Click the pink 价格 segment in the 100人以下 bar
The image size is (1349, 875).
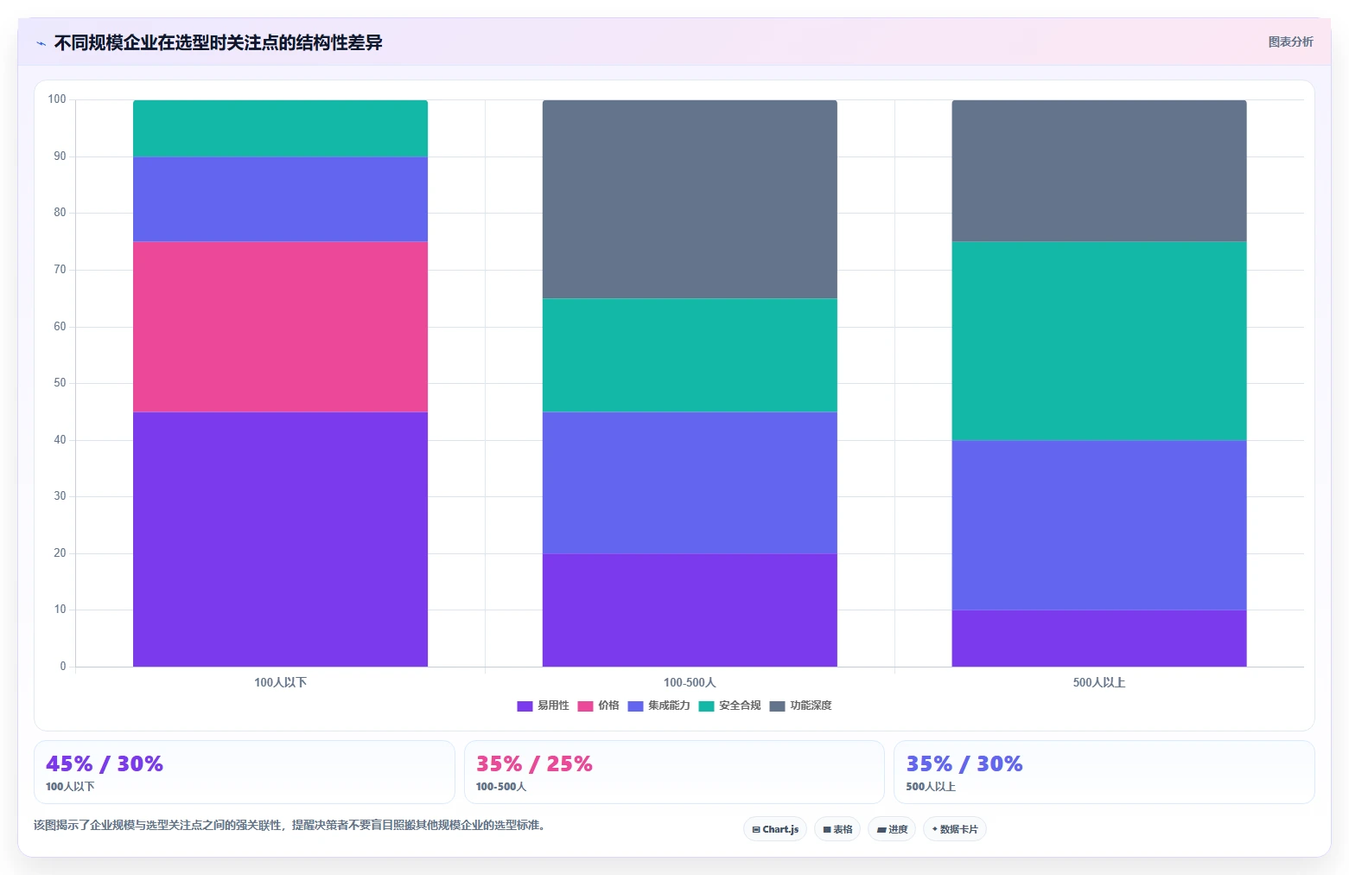click(x=280, y=327)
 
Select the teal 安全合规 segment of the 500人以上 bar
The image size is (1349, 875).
click(x=1099, y=341)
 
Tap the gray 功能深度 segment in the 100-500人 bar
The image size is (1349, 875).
click(x=690, y=200)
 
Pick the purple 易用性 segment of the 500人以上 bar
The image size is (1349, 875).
click(x=1099, y=638)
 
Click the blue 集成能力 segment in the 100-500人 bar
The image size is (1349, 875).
click(x=690, y=482)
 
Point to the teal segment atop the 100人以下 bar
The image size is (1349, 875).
click(x=280, y=128)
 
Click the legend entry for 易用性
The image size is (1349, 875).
click(x=543, y=706)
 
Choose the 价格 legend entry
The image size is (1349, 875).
click(x=598, y=706)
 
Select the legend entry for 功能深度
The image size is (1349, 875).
click(x=800, y=706)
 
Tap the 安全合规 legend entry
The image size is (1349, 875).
click(x=729, y=706)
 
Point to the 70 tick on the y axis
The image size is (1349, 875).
click(x=60, y=270)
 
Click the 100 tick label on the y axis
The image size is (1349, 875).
click(x=57, y=99)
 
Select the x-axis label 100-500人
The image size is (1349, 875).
click(x=690, y=682)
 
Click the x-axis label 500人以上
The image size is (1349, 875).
click(x=1099, y=682)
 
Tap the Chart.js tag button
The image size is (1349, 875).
click(x=775, y=829)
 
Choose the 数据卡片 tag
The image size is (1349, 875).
click(x=955, y=829)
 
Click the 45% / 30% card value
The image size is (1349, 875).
click(x=105, y=763)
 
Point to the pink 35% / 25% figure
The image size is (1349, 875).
click(x=534, y=763)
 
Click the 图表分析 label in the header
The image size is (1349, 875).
click(x=1290, y=42)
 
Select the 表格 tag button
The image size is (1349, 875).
click(x=837, y=829)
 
